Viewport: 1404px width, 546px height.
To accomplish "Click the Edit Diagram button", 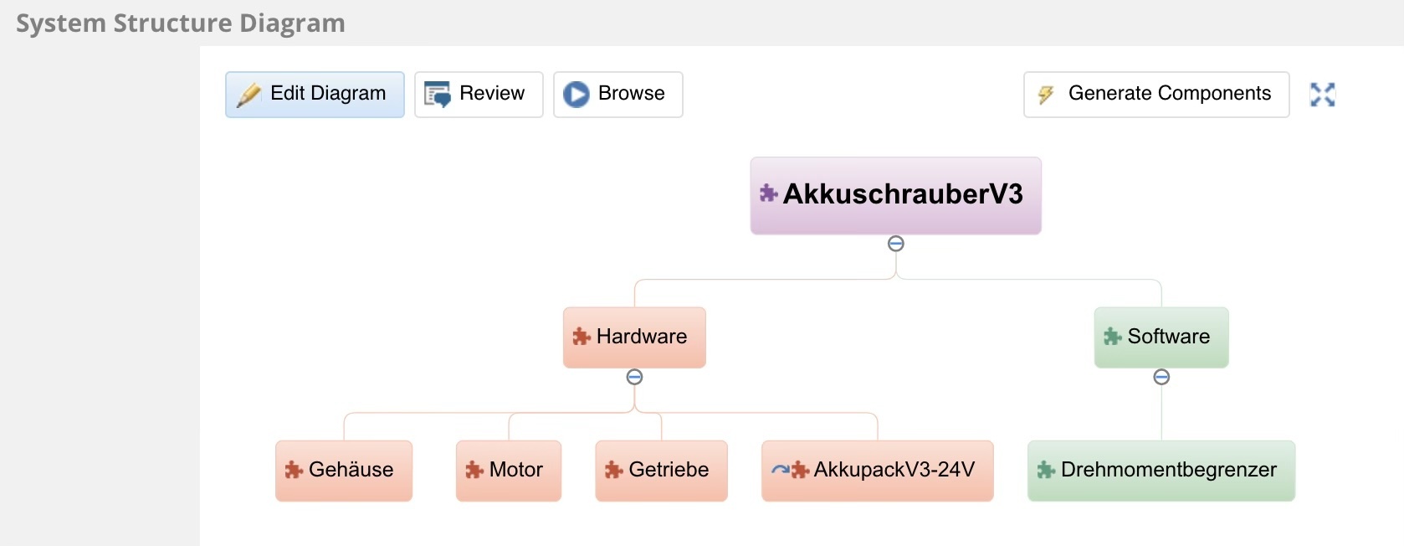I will (315, 94).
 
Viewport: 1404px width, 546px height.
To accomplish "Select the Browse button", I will (617, 94).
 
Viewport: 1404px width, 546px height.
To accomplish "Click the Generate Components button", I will (1155, 94).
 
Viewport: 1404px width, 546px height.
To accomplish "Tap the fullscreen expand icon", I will (1322, 95).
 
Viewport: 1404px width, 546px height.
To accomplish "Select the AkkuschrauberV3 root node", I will (895, 195).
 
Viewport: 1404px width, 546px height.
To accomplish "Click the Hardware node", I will (634, 337).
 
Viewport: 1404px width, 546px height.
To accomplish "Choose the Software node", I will (1161, 337).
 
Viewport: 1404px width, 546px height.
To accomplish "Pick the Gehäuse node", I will (344, 470).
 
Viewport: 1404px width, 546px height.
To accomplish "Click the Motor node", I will (509, 470).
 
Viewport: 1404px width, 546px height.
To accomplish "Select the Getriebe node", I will (661, 470).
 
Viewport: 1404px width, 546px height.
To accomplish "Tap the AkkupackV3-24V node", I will (877, 470).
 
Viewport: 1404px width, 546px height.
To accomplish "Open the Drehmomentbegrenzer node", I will (1161, 470).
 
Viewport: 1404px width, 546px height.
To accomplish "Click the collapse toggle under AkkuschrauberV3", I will (896, 244).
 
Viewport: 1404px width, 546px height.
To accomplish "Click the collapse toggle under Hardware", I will (634, 377).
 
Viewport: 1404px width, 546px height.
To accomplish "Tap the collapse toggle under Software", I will (1161, 377).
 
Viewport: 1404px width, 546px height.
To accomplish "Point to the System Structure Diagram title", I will (181, 23).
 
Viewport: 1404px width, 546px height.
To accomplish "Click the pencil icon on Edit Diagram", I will (249, 95).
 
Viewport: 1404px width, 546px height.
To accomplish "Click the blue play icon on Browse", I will (576, 94).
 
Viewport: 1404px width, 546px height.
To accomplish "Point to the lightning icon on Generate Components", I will (1046, 95).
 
